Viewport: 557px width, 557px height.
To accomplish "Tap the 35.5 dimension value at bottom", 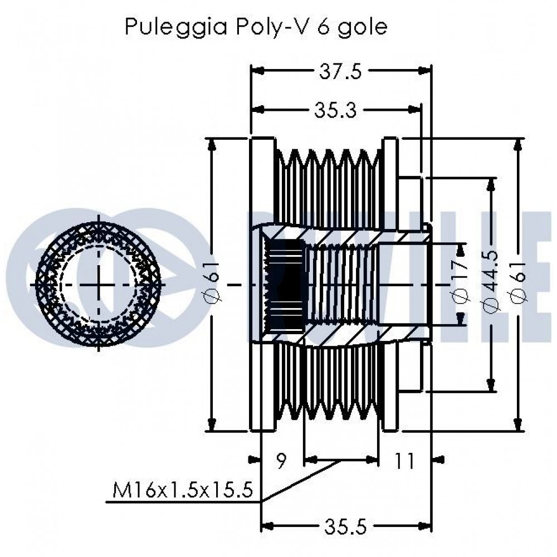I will (x=346, y=525).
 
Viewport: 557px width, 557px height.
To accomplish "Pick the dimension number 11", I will (x=405, y=461).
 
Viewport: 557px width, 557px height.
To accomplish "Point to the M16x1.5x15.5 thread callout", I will (x=183, y=491).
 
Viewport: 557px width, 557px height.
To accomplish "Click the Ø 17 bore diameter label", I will (x=461, y=285).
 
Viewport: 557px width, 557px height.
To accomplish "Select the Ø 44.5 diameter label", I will (x=491, y=285).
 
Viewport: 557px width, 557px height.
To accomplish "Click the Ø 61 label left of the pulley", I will (x=214, y=285).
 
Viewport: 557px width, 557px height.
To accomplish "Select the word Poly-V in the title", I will (x=257, y=26).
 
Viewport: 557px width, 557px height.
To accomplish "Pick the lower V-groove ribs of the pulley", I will (x=329, y=390).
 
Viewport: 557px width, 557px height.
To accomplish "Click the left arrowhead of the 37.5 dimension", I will (x=257, y=71).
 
